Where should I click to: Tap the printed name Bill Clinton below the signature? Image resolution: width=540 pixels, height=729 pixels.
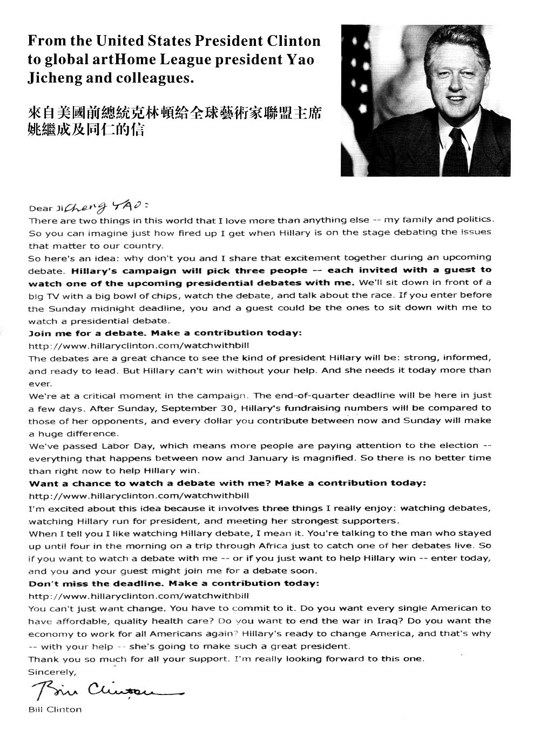point(55,709)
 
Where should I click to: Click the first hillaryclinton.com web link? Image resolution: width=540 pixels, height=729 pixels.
point(138,345)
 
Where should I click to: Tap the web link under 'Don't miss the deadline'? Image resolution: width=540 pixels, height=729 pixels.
point(138,596)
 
